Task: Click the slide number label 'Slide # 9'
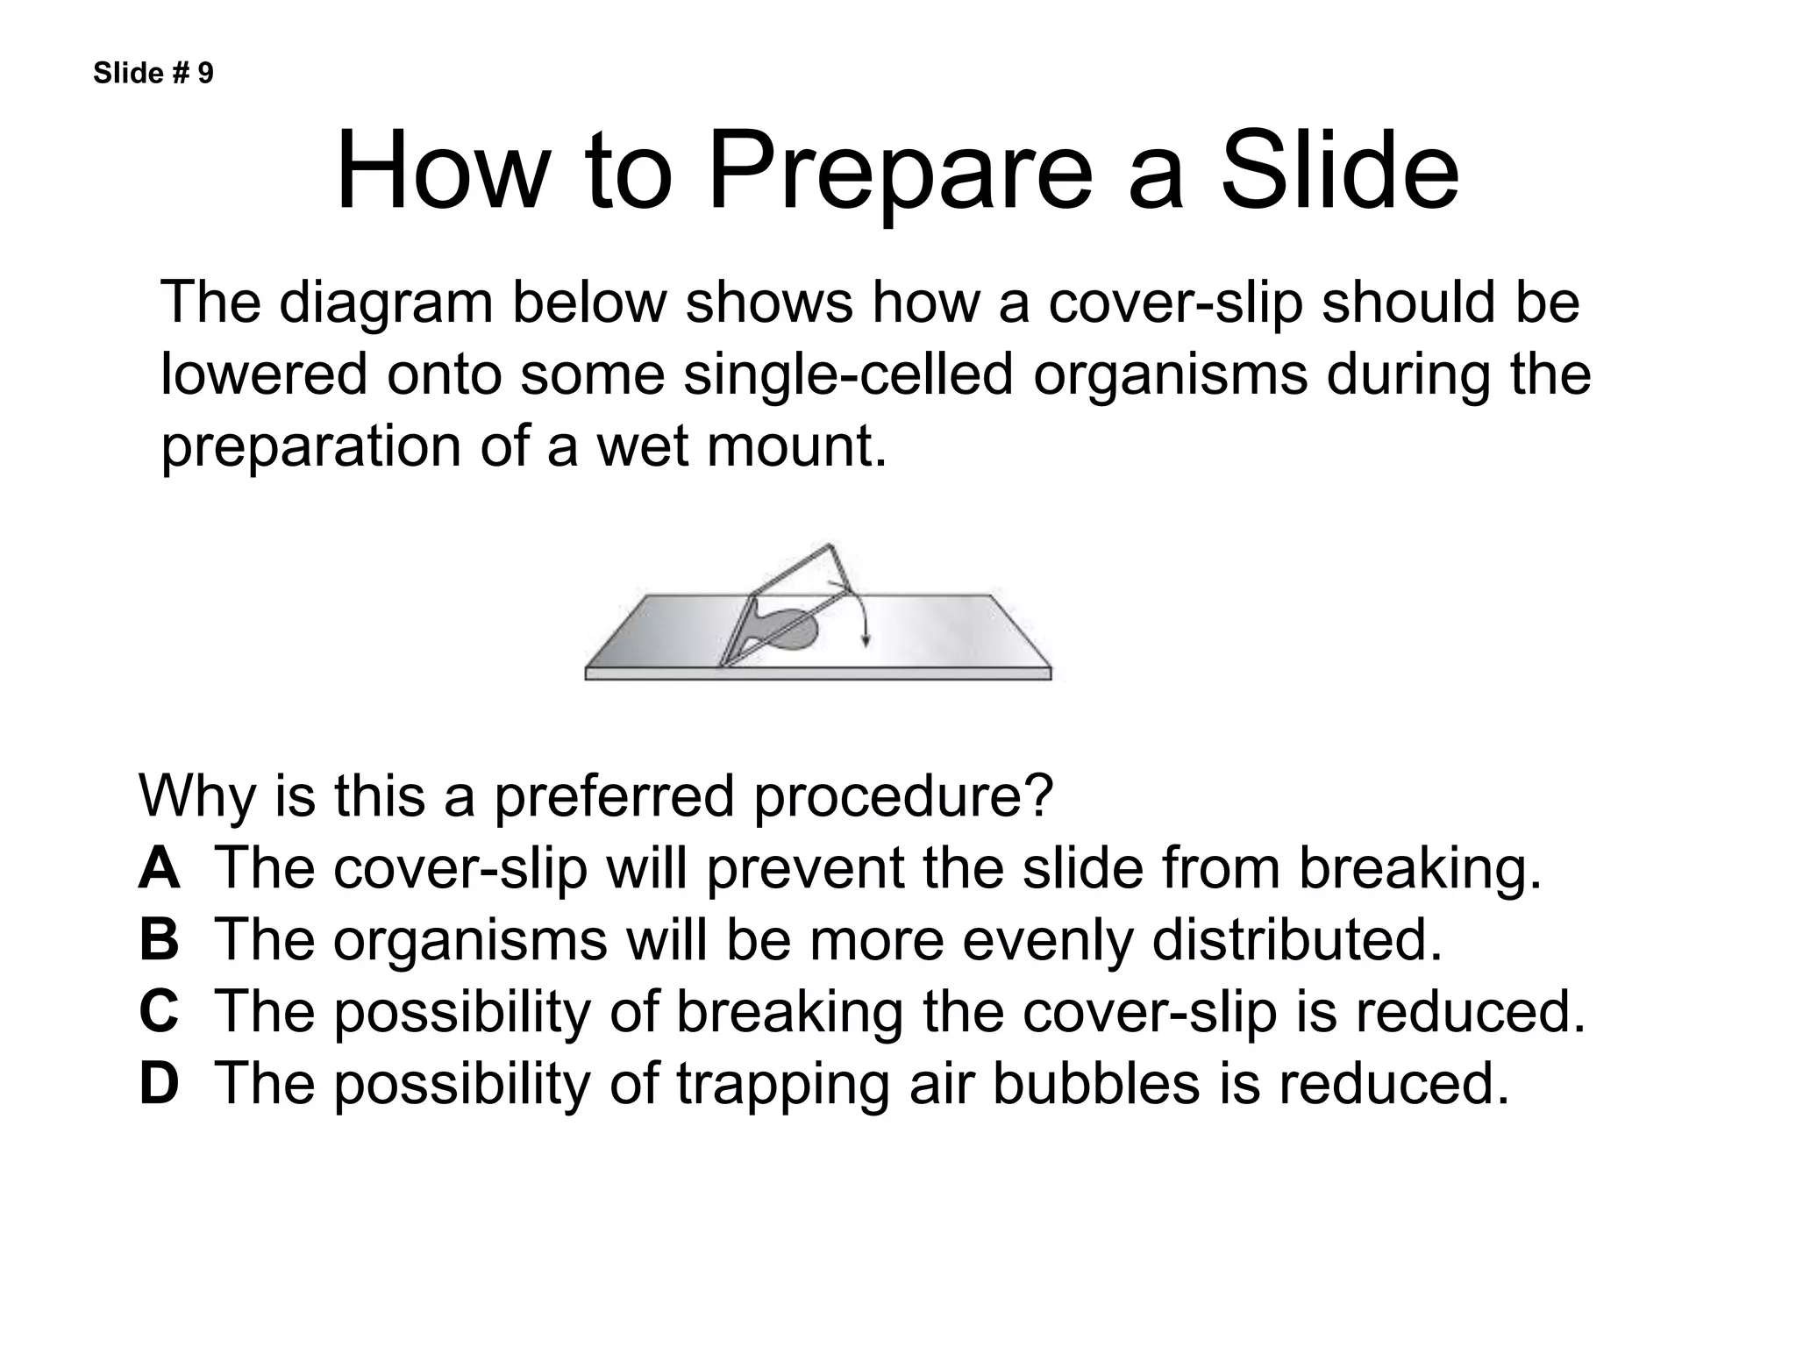point(153,74)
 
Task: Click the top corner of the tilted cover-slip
point(827,546)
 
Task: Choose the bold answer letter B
point(159,940)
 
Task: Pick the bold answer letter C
point(159,1011)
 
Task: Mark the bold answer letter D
point(159,1083)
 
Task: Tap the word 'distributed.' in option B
point(1296,940)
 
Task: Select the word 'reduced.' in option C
point(1470,1011)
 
